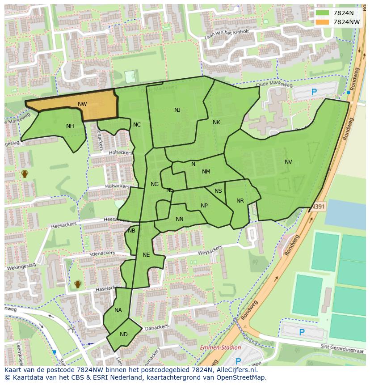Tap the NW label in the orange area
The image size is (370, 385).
[x=82, y=104]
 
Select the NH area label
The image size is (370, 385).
[x=70, y=126]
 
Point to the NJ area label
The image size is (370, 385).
[x=177, y=110]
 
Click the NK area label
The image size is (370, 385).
[x=216, y=123]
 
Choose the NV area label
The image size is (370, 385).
[x=288, y=162]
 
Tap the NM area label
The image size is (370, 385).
[x=206, y=172]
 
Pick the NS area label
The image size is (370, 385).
[x=218, y=191]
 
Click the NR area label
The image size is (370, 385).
[x=240, y=201]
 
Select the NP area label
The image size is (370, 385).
[x=204, y=206]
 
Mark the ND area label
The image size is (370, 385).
[x=124, y=334]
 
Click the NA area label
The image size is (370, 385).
[x=118, y=310]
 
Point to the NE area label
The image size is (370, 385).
[x=146, y=255]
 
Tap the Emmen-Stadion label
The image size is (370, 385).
[x=220, y=347]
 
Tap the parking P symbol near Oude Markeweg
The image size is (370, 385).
[x=314, y=92]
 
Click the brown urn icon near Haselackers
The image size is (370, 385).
[x=78, y=284]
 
